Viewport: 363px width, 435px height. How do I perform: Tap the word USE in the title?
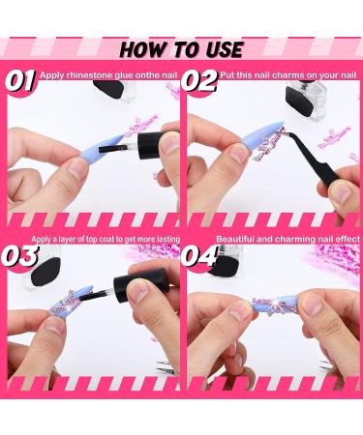220,48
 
